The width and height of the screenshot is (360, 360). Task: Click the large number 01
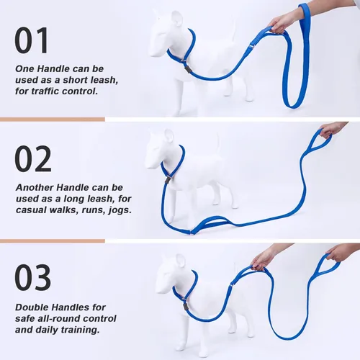point(33,40)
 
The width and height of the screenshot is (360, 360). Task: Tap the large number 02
point(33,159)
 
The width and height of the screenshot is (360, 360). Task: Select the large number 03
point(33,278)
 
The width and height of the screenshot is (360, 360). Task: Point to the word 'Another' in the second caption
point(37,186)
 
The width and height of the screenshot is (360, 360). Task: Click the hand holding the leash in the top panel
point(284,21)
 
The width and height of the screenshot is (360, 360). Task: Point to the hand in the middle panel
point(331,129)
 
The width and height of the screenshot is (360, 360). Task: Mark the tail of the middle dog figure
point(219,144)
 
